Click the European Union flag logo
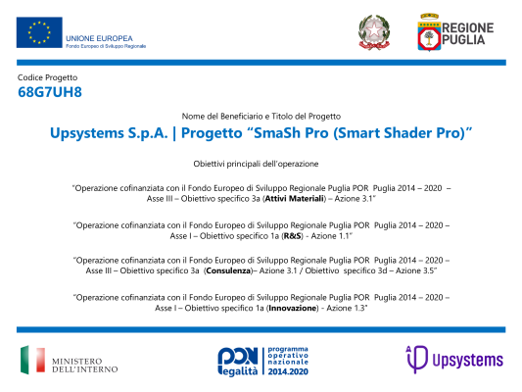39,32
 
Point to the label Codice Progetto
47,76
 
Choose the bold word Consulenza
232,269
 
